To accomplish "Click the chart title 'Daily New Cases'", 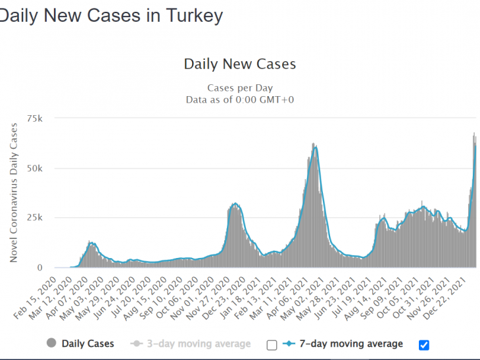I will click(240, 64).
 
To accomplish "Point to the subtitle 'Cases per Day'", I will click(240, 88).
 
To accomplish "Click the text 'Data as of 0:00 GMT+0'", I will click(240, 99).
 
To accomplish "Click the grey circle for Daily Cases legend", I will click(51, 343).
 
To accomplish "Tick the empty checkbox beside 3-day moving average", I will click(272, 345).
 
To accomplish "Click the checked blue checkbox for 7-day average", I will click(424, 345).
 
